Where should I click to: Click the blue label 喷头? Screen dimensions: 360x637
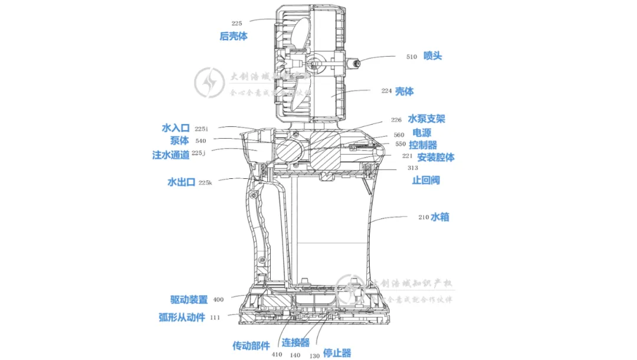432,56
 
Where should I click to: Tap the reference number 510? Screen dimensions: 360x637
412,57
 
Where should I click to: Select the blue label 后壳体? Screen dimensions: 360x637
234,36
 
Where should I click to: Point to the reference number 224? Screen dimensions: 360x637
386,91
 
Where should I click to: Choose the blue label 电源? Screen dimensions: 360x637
421,133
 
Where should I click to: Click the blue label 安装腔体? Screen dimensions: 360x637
436,158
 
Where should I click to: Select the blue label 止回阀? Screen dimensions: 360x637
425,180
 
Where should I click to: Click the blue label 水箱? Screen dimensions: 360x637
440,217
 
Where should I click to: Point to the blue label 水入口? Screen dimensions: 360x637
175,127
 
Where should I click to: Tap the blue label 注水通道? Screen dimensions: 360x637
171,155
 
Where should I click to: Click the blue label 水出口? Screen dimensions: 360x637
181,182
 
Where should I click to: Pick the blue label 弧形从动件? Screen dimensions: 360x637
182,317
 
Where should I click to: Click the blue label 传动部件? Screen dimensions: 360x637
251,345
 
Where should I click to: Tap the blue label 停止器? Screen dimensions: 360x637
337,353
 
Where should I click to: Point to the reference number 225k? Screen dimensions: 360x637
205,183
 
